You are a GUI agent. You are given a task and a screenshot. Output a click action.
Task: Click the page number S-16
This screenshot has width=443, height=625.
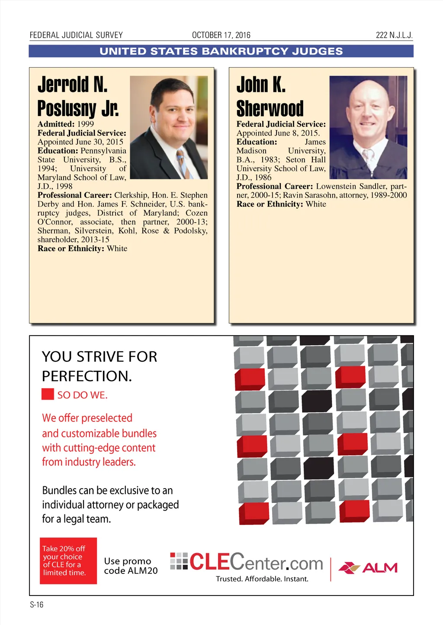click(x=36, y=605)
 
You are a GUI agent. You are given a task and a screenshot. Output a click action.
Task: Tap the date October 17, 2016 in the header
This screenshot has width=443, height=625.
click(x=221, y=35)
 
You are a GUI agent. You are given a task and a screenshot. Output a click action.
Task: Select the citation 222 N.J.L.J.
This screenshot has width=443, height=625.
click(x=394, y=35)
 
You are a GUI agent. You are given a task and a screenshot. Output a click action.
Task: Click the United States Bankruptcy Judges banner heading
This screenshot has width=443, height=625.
click(x=221, y=51)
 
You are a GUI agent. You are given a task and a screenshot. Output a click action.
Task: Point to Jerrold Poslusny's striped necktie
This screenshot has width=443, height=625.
click(x=183, y=163)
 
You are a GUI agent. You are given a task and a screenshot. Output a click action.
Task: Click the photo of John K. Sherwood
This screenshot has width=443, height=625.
click(x=368, y=127)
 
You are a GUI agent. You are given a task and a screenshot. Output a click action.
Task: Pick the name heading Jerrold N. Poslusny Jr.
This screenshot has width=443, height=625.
click(x=78, y=96)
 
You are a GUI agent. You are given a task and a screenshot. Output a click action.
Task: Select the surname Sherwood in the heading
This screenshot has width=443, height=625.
click(x=270, y=108)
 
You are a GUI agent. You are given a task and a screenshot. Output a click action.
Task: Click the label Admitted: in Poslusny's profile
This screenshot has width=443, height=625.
click(x=56, y=124)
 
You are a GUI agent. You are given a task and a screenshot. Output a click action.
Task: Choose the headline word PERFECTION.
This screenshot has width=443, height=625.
click(x=87, y=376)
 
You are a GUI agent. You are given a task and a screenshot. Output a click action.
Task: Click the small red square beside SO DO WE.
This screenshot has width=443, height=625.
click(x=48, y=394)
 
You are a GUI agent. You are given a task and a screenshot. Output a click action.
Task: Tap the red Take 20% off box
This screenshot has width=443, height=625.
click(x=68, y=561)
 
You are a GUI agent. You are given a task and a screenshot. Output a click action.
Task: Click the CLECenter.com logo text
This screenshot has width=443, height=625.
click(x=256, y=562)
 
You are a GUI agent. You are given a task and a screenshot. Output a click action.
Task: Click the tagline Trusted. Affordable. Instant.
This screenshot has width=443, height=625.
click(x=262, y=579)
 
